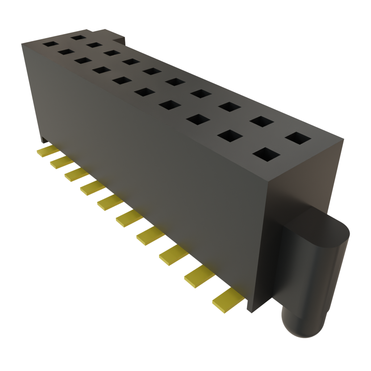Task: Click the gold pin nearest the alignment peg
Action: pyautogui.click(x=228, y=300)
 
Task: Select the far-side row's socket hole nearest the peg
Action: pyautogui.click(x=298, y=138)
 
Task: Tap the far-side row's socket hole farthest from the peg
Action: pyautogui.click(x=78, y=37)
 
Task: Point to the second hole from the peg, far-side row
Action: pyautogui.click(x=262, y=121)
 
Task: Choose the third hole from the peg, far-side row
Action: pyautogui.click(x=230, y=107)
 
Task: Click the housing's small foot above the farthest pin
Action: pyautogui.click(x=43, y=140)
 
